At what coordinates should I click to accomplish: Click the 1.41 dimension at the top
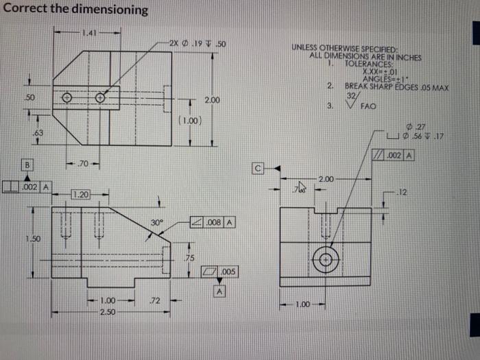(x=88, y=32)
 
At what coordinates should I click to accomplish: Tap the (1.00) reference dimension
(x=189, y=121)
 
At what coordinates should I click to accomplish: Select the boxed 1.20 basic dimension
(x=82, y=195)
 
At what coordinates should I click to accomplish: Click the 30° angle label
(x=157, y=222)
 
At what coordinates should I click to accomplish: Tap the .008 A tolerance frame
(x=214, y=222)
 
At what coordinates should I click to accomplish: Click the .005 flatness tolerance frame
(x=219, y=272)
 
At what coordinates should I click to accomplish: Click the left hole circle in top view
(x=67, y=97)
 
